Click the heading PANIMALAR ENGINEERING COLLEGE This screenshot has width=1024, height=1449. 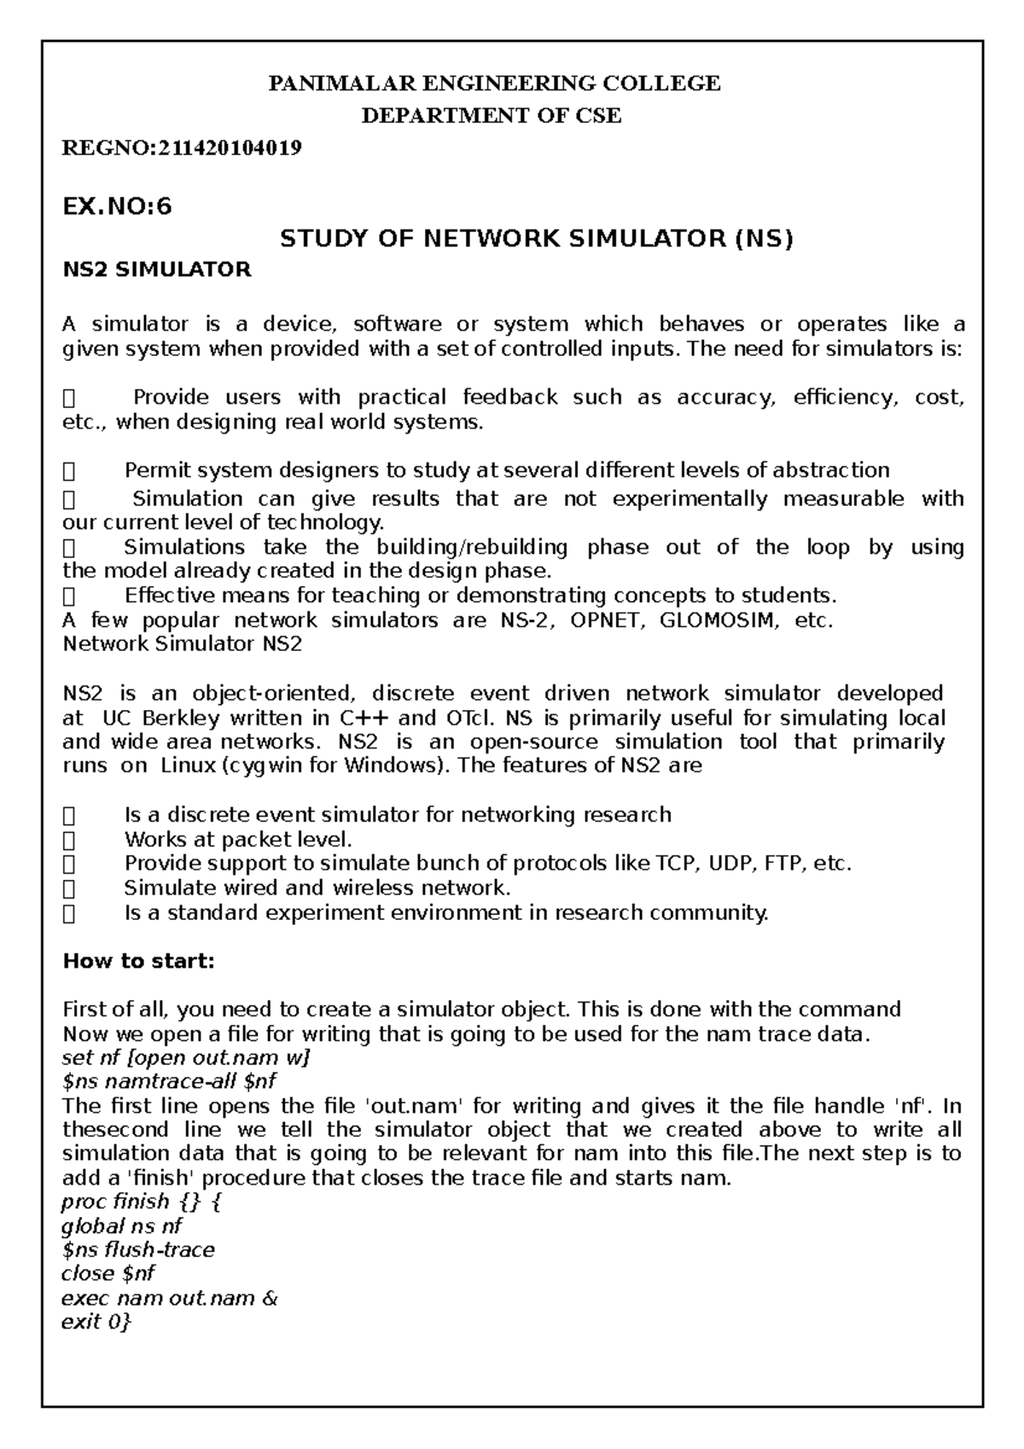point(495,84)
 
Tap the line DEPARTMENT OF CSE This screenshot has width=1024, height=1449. point(492,116)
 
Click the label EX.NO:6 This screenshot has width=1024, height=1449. point(118,207)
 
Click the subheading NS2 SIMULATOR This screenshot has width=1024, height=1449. point(158,271)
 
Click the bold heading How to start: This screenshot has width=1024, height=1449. point(140,962)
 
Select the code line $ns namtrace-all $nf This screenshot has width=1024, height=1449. point(170,1082)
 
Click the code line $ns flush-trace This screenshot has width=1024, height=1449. point(139,1250)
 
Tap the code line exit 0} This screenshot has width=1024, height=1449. point(97,1323)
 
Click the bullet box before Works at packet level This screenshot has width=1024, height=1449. point(70,840)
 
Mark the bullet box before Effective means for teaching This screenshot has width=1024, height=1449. point(70,596)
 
